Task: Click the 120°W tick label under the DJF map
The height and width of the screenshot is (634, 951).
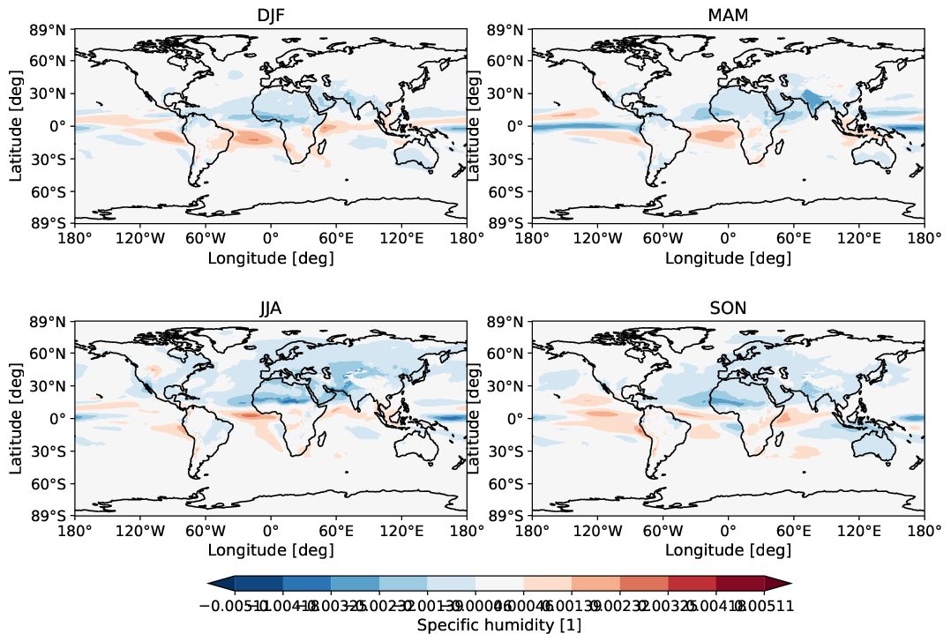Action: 140,237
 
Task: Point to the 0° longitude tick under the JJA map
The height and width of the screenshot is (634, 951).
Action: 270,530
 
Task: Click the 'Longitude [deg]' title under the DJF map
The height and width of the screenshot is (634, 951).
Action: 270,257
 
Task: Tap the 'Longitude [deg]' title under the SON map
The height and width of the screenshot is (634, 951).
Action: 728,550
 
